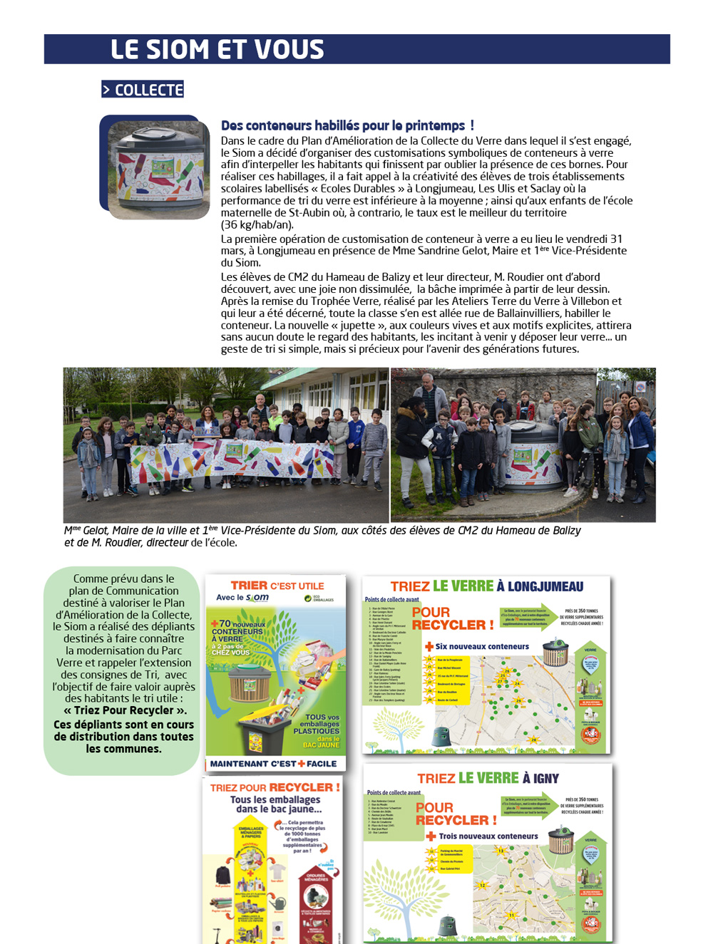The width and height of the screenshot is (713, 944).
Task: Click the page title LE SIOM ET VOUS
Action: (x=217, y=49)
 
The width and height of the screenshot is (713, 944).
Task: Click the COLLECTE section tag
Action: (x=143, y=90)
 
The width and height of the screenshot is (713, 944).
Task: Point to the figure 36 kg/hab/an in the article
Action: (x=257, y=224)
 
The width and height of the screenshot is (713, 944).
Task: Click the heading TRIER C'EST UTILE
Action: (x=277, y=586)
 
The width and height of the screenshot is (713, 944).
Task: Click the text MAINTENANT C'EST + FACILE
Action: (x=273, y=764)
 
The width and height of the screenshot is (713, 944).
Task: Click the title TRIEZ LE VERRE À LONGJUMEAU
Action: (x=486, y=586)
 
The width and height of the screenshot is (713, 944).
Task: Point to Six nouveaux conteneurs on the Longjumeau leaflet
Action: (x=482, y=647)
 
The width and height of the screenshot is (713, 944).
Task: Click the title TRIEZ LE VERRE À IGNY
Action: (x=488, y=778)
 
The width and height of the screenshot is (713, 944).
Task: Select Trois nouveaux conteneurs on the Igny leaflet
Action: (x=488, y=836)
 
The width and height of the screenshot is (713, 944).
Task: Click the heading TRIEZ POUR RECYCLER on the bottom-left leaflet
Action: (x=275, y=787)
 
